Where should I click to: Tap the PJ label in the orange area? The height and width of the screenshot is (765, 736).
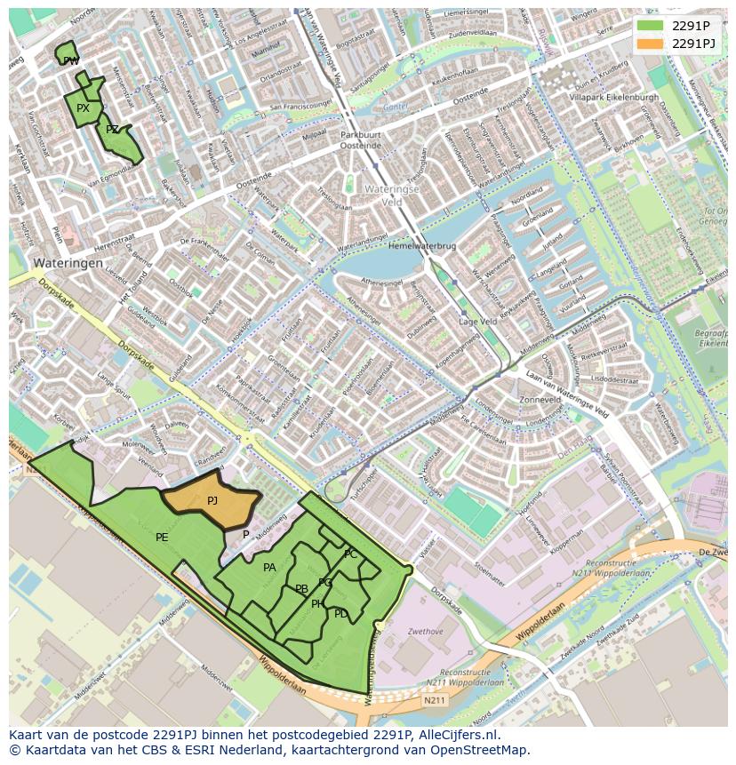pyautogui.click(x=212, y=501)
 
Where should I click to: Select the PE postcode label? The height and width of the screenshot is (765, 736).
pyautogui.click(x=162, y=538)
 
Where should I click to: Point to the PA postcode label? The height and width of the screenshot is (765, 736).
pyautogui.click(x=269, y=568)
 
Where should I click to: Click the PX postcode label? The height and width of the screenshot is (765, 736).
pyautogui.click(x=83, y=108)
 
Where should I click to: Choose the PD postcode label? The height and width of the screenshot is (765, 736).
pyautogui.click(x=341, y=614)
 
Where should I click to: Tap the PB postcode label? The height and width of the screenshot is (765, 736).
pyautogui.click(x=302, y=589)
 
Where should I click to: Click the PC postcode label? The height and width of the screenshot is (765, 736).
pyautogui.click(x=351, y=554)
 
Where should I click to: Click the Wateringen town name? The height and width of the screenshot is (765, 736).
pyautogui.click(x=68, y=264)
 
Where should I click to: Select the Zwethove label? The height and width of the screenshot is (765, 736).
pyautogui.click(x=425, y=632)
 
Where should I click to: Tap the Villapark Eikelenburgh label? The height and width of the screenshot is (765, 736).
pyautogui.click(x=614, y=96)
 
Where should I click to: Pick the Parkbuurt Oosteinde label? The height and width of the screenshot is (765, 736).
pyautogui.click(x=361, y=139)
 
